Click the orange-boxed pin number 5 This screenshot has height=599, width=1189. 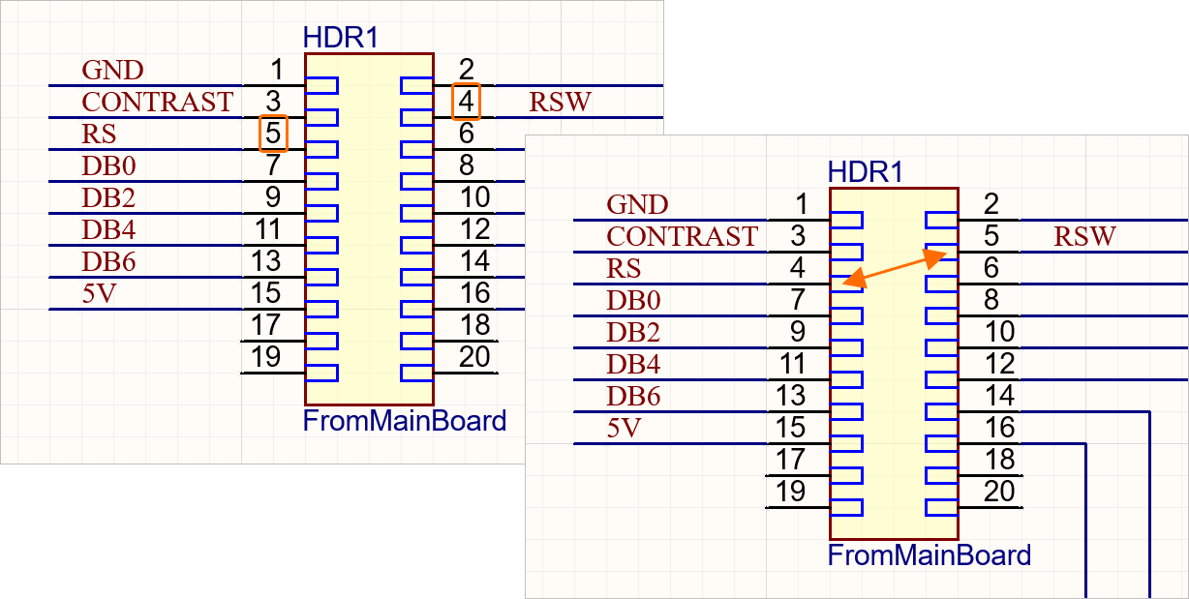273,134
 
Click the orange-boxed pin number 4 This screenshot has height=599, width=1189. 467,102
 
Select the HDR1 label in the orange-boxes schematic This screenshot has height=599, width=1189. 341,38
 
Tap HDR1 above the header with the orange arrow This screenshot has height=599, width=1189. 866,172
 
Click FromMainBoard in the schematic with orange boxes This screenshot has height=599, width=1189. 405,422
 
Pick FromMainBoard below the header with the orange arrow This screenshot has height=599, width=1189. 930,555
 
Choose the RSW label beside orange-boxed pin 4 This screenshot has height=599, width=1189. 560,102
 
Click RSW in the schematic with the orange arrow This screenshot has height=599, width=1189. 1084,236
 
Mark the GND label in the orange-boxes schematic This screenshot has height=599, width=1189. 112,70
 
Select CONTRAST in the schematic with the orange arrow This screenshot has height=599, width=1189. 682,236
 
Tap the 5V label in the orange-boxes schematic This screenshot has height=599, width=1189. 98,293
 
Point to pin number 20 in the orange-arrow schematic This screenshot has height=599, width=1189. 999,491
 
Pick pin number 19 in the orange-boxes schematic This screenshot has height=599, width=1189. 265,356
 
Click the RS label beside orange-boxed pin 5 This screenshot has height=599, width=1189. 99,134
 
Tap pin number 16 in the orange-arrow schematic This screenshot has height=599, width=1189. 999,427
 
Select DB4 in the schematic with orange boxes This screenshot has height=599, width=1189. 108,229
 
